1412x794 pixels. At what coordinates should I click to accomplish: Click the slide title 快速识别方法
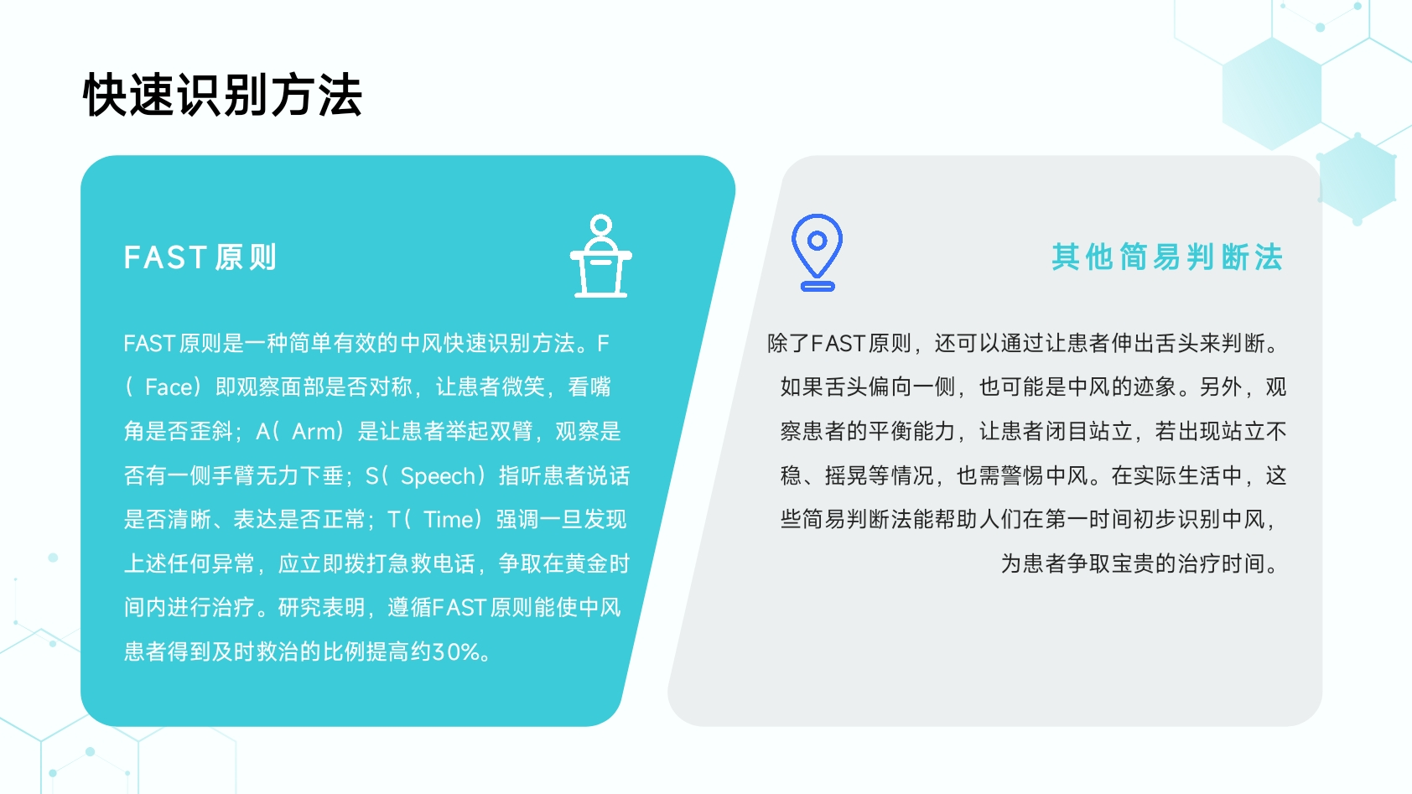point(222,95)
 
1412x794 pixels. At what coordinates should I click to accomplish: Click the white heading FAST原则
point(200,257)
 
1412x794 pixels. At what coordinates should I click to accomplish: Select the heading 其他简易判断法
point(1167,257)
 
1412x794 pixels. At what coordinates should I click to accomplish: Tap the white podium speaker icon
point(600,256)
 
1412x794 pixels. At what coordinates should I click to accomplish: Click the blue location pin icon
point(817,252)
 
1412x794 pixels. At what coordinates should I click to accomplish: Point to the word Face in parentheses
point(169,387)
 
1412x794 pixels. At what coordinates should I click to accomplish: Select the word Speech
point(438,475)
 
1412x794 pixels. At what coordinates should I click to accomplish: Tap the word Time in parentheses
point(449,519)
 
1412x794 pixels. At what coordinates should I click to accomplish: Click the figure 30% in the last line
point(455,651)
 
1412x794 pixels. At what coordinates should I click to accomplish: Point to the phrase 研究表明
point(321,608)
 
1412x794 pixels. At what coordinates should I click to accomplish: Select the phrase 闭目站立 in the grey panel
point(1088,431)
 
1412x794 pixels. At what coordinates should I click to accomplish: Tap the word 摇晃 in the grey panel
point(846,475)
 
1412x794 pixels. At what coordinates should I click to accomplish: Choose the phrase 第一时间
point(1088,519)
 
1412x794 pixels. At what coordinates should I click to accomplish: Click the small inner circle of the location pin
point(817,240)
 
